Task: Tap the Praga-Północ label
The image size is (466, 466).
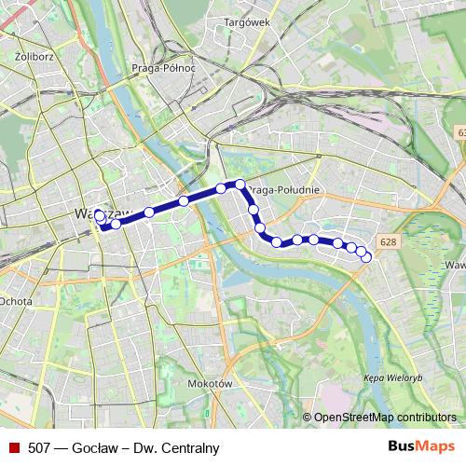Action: [164, 68]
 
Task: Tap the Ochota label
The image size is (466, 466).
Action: [16, 301]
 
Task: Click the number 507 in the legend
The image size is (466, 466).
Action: [40, 447]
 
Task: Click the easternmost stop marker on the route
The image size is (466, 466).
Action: [366, 257]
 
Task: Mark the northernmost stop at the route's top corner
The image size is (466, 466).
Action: [240, 185]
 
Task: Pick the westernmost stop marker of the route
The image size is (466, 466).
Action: [100, 217]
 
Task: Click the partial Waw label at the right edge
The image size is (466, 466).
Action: [455, 266]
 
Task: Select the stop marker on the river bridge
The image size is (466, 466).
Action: [221, 188]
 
